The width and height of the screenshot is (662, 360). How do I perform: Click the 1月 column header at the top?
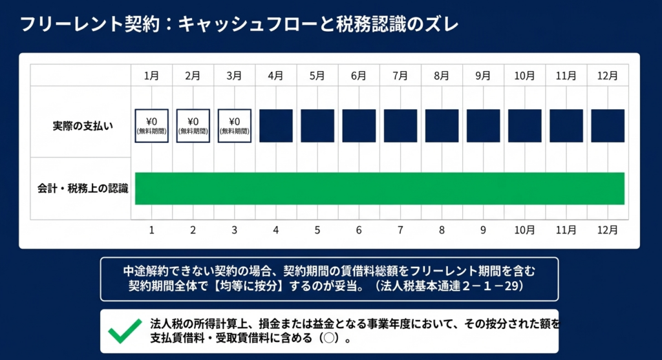[x=152, y=76]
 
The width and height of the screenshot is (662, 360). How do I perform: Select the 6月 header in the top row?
[x=359, y=76]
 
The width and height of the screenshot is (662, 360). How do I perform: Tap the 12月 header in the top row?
[x=607, y=76]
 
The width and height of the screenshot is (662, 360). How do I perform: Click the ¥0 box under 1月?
[x=152, y=125]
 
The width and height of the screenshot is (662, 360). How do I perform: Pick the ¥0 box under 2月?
[x=193, y=125]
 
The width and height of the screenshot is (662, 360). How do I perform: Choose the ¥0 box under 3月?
[x=235, y=125]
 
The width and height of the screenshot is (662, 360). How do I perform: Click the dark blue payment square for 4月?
[x=276, y=125]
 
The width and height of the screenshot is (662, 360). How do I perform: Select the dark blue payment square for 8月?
[x=442, y=125]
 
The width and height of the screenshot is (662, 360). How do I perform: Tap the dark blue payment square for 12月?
[x=607, y=125]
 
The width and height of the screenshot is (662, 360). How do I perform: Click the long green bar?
[x=379, y=188]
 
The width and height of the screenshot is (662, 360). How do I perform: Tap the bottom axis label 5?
[x=317, y=229]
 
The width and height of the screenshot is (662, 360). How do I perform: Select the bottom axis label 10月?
[x=524, y=229]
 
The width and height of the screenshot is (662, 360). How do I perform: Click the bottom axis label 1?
[x=152, y=229]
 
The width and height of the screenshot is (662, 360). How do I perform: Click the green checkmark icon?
[x=125, y=331]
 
